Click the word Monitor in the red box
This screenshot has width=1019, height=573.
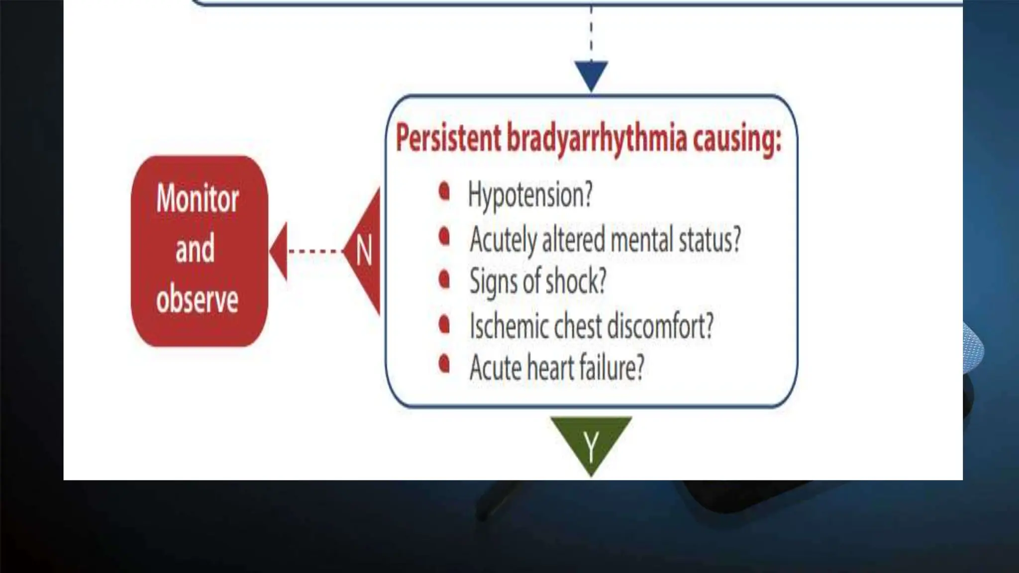point(198,198)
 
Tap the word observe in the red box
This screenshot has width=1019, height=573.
point(197,299)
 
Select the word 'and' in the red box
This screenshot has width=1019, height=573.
point(195,249)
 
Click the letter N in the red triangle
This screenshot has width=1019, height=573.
point(364,251)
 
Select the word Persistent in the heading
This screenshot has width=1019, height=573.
point(448,138)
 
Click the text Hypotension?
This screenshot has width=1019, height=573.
point(530,195)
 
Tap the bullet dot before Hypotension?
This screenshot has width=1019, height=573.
point(444,191)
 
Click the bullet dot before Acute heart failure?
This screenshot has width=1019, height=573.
point(444,364)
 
